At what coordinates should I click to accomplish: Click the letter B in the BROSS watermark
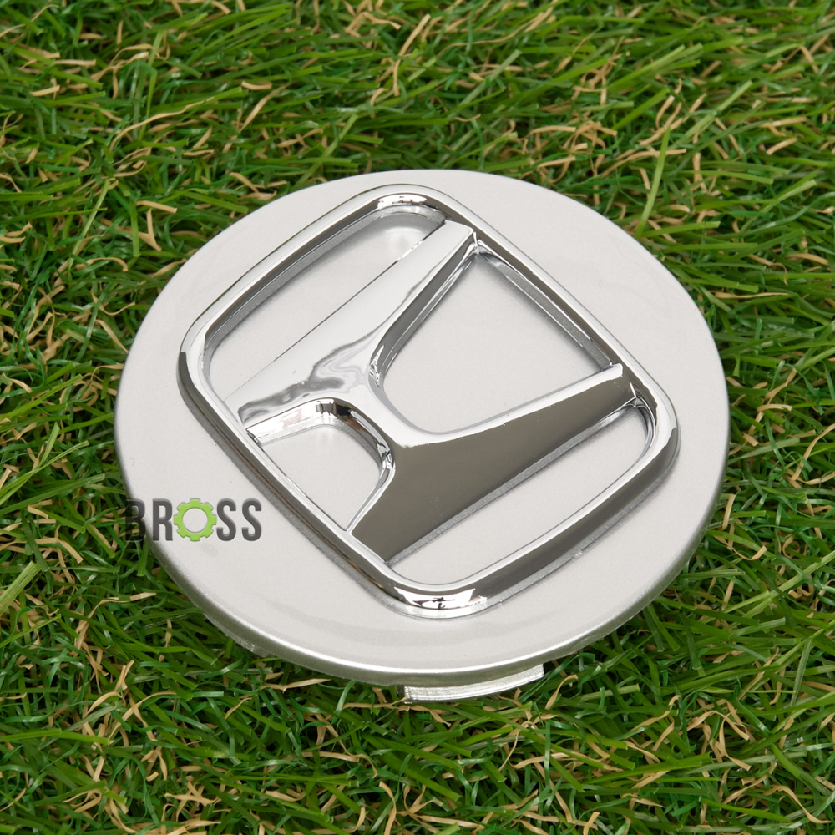pyautogui.click(x=137, y=519)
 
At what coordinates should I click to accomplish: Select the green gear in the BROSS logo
pyautogui.click(x=195, y=520)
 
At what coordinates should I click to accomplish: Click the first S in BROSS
pyautogui.click(x=228, y=519)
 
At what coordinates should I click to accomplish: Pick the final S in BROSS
pyautogui.click(x=250, y=519)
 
